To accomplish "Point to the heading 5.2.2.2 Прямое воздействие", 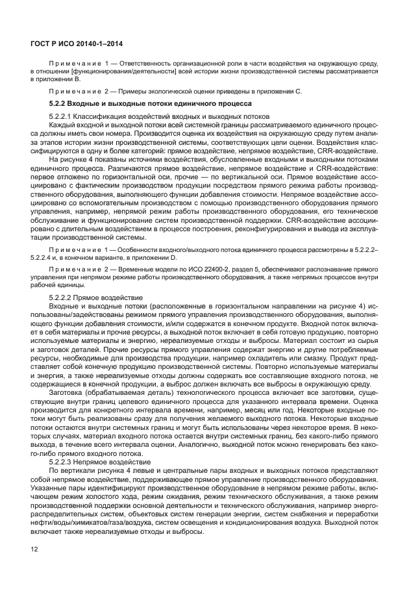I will tap(88, 297).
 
